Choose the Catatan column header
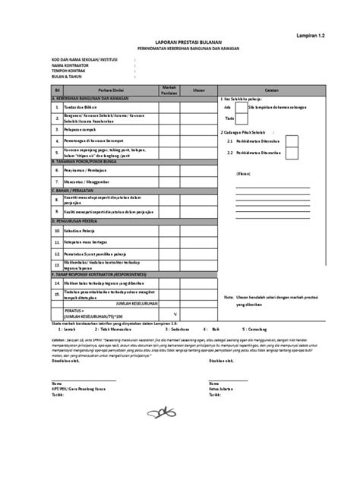point(270,90)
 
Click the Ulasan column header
point(199,90)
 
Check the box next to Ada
point(240,109)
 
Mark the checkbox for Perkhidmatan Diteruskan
point(292,141)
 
